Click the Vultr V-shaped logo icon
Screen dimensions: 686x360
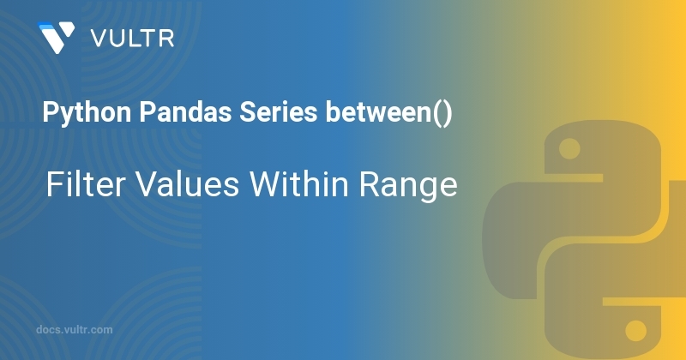tap(56, 37)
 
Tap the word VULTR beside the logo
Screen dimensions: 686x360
tap(132, 39)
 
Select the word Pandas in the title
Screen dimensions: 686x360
tap(185, 112)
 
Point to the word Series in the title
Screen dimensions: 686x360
tap(278, 112)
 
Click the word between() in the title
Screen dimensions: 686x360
tap(388, 113)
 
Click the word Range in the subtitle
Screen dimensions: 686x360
tap(408, 186)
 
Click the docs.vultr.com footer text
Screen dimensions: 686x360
tap(75, 330)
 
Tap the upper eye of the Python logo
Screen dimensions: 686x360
tap(569, 149)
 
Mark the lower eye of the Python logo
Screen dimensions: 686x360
tap(635, 330)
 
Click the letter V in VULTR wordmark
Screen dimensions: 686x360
tap(99, 39)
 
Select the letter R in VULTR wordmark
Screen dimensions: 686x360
tap(166, 39)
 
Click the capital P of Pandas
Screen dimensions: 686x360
tap(147, 112)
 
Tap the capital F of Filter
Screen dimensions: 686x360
tap(53, 184)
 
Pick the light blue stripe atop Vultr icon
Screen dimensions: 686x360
tap(52, 26)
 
